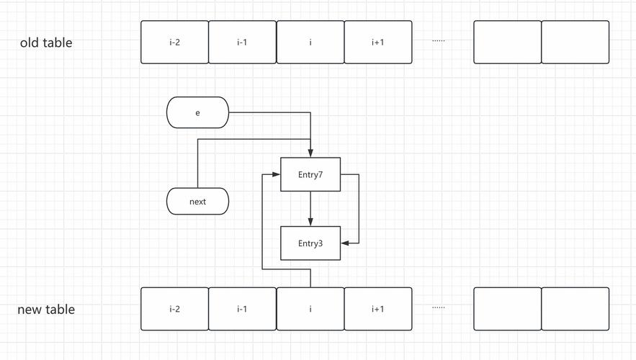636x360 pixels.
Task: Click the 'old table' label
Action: (x=46, y=42)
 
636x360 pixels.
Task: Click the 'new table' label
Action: (x=46, y=310)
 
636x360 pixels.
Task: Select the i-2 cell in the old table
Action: (x=174, y=42)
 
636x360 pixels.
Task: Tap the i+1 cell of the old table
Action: (x=378, y=42)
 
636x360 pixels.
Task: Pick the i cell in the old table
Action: (x=310, y=42)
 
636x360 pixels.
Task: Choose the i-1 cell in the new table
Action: (x=242, y=310)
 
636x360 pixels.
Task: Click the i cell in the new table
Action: (x=310, y=310)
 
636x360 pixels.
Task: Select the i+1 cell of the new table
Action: (x=378, y=310)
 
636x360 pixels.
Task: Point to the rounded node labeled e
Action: (x=197, y=113)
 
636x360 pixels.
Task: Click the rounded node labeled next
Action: (x=197, y=202)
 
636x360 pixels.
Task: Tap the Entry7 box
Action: (x=310, y=175)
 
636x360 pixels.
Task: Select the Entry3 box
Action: (x=310, y=243)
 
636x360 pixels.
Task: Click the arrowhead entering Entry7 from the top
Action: (x=310, y=153)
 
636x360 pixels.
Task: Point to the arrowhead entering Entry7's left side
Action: (x=276, y=175)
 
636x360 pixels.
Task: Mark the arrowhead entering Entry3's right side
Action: (x=345, y=243)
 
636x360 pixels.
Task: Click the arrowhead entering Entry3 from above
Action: (x=310, y=222)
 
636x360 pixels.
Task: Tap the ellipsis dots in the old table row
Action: (x=439, y=41)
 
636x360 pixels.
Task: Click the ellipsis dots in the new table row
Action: (x=439, y=307)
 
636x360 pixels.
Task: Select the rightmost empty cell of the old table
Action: (x=575, y=42)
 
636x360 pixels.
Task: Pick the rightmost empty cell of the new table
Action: (x=575, y=310)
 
